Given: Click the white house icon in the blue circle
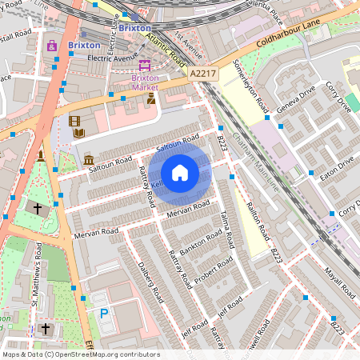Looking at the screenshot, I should coord(180,172).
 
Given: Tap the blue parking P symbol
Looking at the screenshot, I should coord(104,314).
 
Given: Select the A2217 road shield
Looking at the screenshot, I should coord(204,74).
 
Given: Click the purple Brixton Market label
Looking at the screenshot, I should coord(145,82).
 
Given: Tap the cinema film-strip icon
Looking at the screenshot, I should coord(75,122).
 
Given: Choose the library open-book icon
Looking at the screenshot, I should coord(79,133).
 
